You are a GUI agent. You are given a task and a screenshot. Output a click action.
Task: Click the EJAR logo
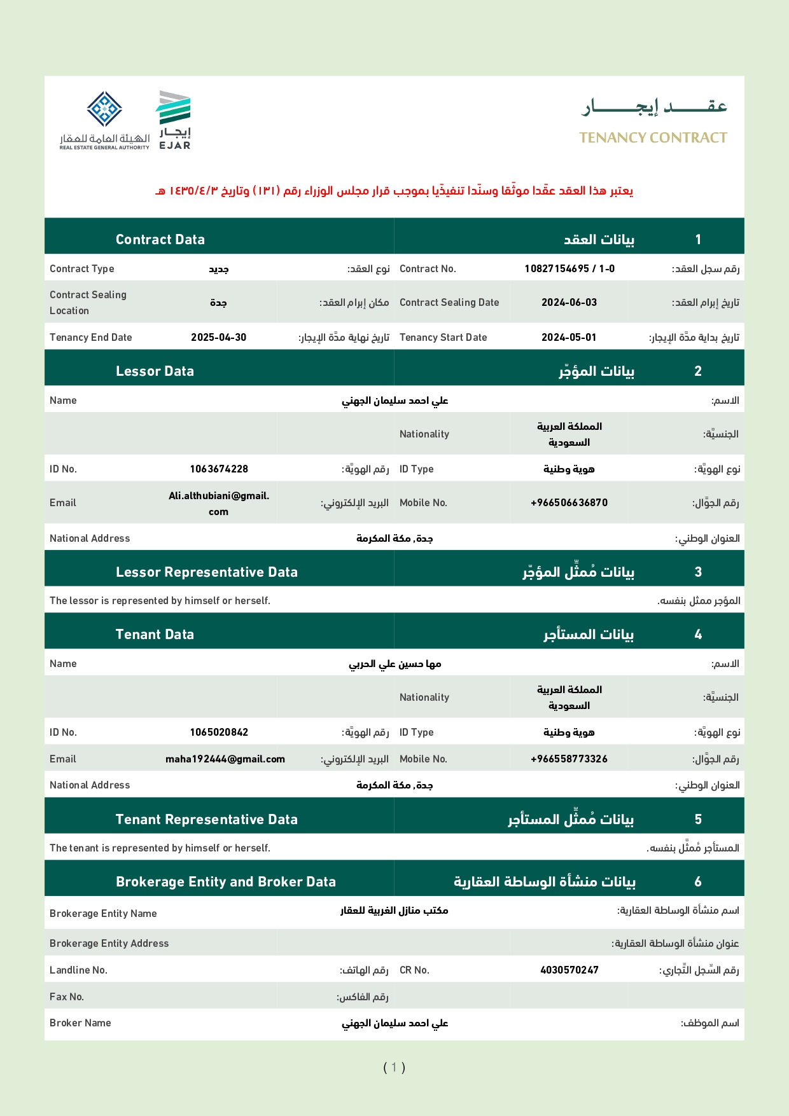174,120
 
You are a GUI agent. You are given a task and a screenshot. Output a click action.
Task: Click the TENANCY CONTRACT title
653,138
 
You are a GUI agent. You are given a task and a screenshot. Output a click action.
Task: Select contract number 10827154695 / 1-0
569,269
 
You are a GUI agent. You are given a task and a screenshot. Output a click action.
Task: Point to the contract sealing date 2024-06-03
569,303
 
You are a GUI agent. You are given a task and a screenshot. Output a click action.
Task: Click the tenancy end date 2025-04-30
218,338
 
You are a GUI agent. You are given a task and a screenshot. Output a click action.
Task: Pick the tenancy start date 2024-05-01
569,338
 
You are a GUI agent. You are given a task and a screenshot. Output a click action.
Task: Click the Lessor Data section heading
155,371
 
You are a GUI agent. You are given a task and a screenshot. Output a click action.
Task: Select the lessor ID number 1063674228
219,469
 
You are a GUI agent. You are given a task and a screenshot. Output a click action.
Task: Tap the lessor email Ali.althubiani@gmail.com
219,504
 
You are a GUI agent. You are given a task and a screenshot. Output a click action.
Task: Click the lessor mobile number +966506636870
569,503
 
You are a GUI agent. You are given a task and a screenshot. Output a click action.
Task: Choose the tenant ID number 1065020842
219,733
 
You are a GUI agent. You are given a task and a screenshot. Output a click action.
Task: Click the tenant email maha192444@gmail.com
225,759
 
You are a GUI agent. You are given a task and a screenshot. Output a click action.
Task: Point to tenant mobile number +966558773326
569,759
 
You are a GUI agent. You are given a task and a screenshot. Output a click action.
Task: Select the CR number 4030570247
569,970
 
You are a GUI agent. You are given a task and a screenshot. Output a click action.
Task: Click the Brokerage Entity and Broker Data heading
226,882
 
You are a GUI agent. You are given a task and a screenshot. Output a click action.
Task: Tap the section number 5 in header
698,820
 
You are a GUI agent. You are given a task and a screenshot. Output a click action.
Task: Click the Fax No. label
67,997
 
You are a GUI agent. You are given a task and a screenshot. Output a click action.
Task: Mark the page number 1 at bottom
394,1067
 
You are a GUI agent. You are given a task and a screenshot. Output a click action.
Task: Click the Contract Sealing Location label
88,303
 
